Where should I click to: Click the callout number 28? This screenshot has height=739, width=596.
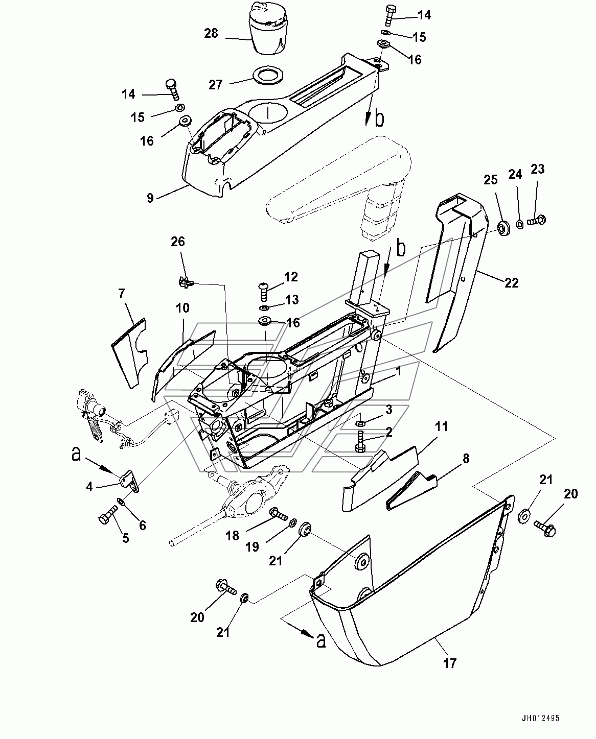pos(211,34)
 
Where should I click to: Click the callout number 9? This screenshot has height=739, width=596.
pos(150,197)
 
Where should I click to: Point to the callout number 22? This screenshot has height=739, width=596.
pos(512,282)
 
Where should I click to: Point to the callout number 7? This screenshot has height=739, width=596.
pos(121,294)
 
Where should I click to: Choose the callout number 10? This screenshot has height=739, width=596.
pos(183,308)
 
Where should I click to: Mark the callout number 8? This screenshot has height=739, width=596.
pos(466,458)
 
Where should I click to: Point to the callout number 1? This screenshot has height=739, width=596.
pos(398,373)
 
